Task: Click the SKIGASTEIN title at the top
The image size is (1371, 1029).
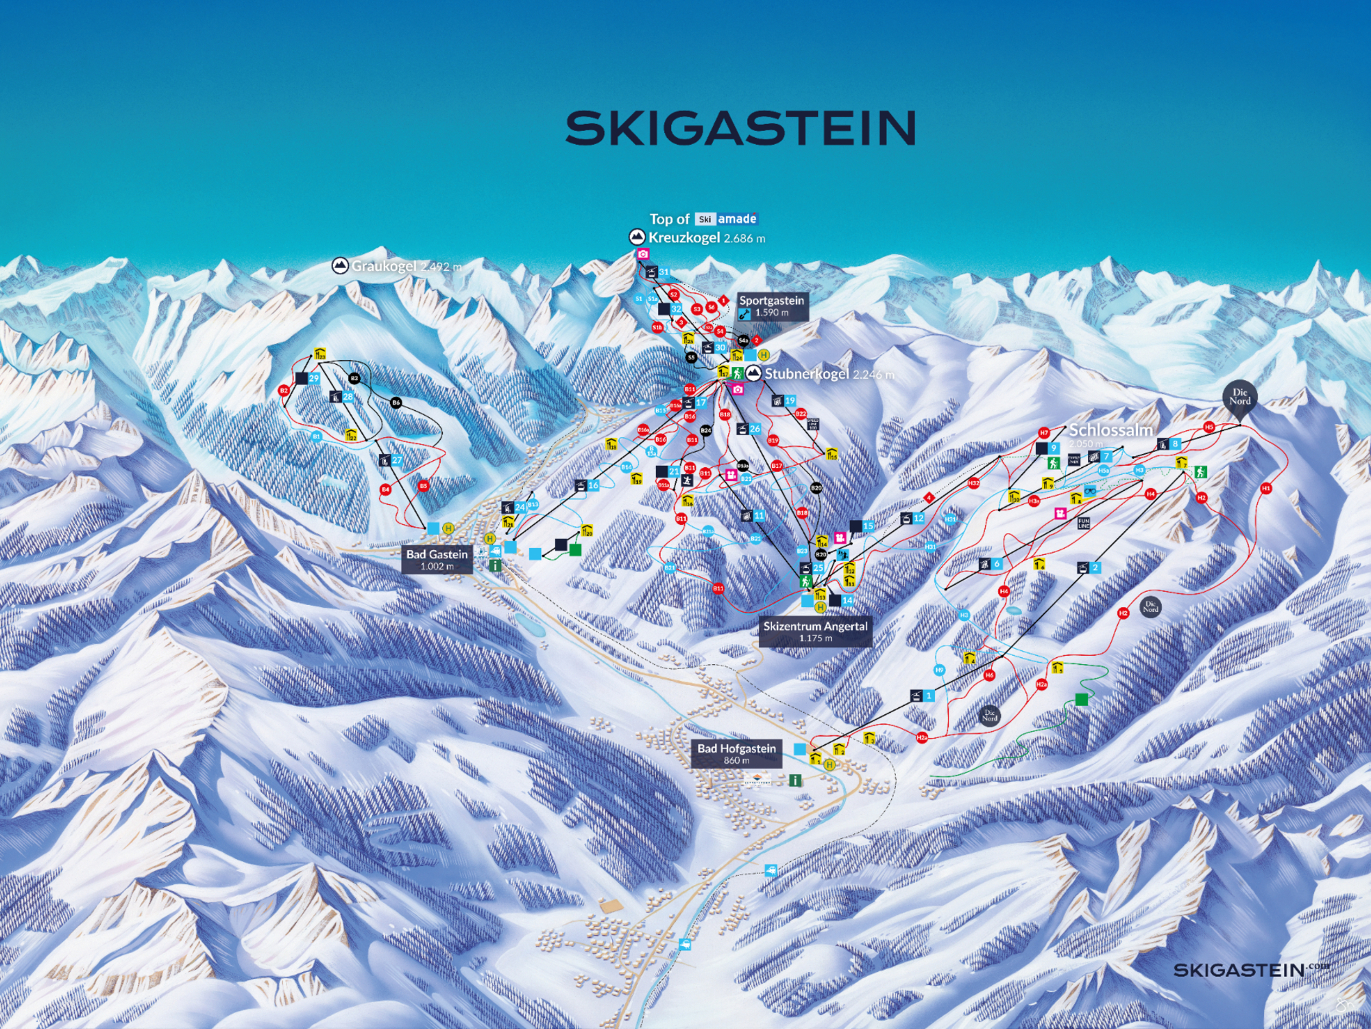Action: pyautogui.click(x=740, y=128)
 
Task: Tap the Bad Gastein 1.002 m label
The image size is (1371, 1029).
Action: pyautogui.click(x=437, y=559)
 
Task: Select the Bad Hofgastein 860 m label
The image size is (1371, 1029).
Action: pyautogui.click(x=736, y=753)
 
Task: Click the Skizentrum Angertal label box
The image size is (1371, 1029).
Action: pyautogui.click(x=815, y=631)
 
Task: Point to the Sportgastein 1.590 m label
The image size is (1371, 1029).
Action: pyautogui.click(x=772, y=306)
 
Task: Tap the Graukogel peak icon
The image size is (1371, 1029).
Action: pyautogui.click(x=339, y=265)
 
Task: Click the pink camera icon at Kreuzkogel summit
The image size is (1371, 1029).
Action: pyautogui.click(x=643, y=255)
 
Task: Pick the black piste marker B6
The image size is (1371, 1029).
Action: pyautogui.click(x=396, y=403)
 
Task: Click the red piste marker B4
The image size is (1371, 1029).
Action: pyautogui.click(x=385, y=489)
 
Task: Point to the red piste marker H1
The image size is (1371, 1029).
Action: pyautogui.click(x=1265, y=488)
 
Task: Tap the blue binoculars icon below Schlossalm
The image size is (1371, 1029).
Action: pyautogui.click(x=1090, y=490)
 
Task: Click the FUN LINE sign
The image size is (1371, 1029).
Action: pyautogui.click(x=1084, y=523)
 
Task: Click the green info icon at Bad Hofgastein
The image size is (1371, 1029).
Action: pyautogui.click(x=794, y=780)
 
